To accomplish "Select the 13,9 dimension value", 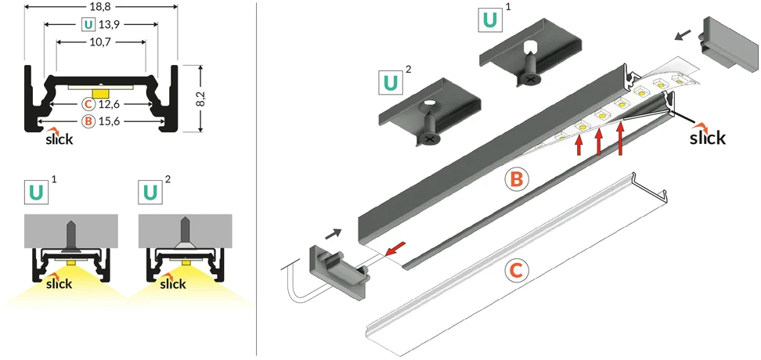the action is point(107,23).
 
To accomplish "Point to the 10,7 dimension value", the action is point(101,41).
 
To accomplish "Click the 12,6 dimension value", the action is point(108,104).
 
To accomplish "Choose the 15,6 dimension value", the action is point(108,121).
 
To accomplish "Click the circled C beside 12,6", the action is point(88,104).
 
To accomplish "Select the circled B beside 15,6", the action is point(88,121).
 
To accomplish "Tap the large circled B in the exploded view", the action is point(517,179).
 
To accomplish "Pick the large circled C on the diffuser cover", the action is point(517,271).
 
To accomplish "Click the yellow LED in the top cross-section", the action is point(100,92).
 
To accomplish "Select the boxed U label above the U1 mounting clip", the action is point(490,20).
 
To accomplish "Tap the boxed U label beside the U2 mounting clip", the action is point(390,82).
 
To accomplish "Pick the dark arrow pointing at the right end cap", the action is point(683,35).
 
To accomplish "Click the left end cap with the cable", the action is point(339,271).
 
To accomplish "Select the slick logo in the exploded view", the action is point(708,136).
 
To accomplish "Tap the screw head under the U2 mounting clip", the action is point(428,139).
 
